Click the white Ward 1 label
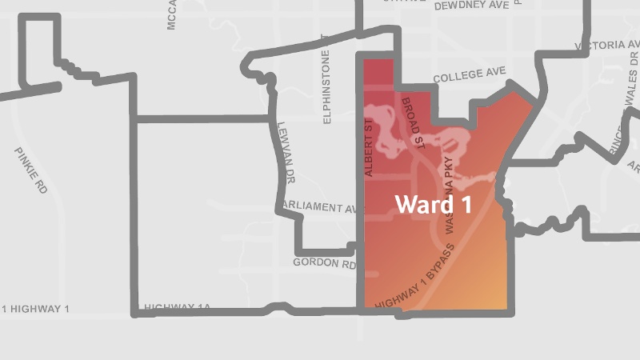433,204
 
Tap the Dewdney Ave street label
471,6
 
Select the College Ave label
470,76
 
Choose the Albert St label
369,149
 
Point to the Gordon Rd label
324,262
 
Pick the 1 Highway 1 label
36,309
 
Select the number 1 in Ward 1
463,204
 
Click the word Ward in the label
422,204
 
